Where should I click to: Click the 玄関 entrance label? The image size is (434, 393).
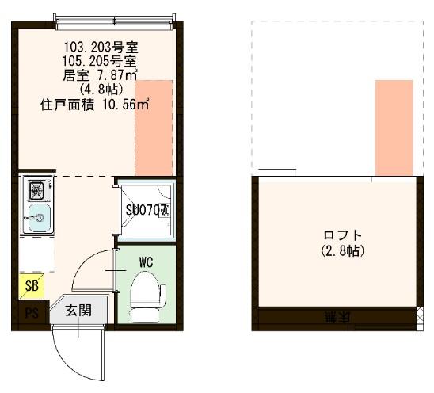point(78,310)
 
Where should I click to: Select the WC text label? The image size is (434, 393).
point(146,261)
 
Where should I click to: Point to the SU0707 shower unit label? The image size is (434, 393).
point(147,211)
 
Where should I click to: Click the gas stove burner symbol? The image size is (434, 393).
point(36,190)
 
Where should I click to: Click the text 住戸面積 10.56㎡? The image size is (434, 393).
point(95,104)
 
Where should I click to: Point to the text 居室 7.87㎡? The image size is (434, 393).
point(101,75)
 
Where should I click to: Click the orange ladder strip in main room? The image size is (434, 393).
point(154,127)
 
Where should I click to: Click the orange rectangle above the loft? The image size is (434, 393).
point(394,127)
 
